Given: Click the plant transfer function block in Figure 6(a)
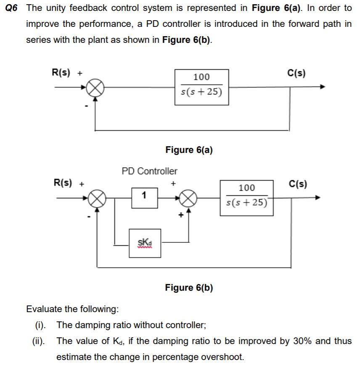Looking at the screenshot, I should pos(201,87).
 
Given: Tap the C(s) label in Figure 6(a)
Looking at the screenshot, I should pos(296,73).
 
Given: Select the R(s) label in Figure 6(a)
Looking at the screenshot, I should pos(61,72).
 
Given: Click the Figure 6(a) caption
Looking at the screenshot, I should pos(189,150).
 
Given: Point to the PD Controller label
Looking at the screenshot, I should pos(149,171).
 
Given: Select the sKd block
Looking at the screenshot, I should pos(144,243).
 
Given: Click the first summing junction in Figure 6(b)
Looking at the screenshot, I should pos(96,198).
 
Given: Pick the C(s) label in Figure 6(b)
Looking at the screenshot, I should pos(298,184).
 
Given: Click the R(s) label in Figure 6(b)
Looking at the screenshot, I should pos(63,184).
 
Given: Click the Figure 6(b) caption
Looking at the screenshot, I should pos(189,288).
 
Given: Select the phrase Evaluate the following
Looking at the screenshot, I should pos(72,309).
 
